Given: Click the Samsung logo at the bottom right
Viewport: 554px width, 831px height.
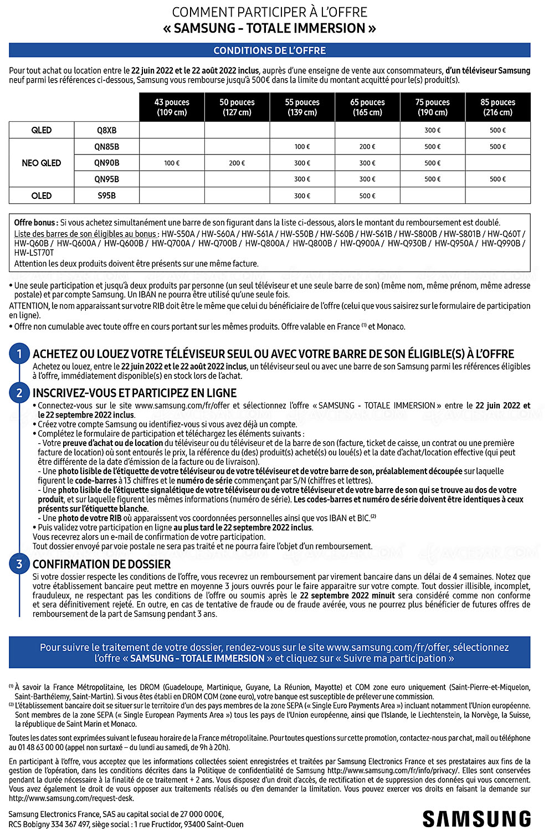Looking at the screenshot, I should [x=476, y=818].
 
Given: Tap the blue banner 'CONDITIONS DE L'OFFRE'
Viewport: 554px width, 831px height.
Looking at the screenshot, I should [x=270, y=50].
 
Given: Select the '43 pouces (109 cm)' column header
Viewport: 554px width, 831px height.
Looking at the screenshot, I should [x=172, y=107].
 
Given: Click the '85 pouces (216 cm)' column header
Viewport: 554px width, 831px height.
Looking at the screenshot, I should [x=497, y=107].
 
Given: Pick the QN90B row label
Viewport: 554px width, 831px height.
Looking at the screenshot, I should [x=106, y=163].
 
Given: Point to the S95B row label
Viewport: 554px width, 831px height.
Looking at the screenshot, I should [x=106, y=196].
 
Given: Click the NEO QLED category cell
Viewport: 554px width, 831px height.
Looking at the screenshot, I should [x=42, y=163].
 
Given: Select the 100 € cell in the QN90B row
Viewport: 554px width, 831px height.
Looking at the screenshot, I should [x=172, y=163].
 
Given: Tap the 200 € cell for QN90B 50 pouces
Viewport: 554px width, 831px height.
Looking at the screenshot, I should [x=237, y=163].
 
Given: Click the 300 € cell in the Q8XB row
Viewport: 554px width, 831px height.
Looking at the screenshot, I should [x=433, y=130].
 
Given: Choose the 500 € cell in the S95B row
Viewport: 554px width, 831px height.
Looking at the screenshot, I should [x=367, y=196].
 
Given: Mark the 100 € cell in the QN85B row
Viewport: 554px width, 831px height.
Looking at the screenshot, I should [x=302, y=147].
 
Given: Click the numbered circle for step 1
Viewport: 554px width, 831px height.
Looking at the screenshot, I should [x=19, y=354].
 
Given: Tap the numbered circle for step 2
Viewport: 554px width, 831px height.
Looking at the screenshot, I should [x=19, y=393].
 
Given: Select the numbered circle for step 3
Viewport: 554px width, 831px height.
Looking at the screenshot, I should [x=19, y=564].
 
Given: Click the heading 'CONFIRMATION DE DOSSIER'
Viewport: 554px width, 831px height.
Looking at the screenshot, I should [x=101, y=564].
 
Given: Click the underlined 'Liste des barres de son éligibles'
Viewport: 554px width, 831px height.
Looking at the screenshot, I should [x=85, y=234].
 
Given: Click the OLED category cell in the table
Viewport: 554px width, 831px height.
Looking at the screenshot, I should [x=42, y=196].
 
